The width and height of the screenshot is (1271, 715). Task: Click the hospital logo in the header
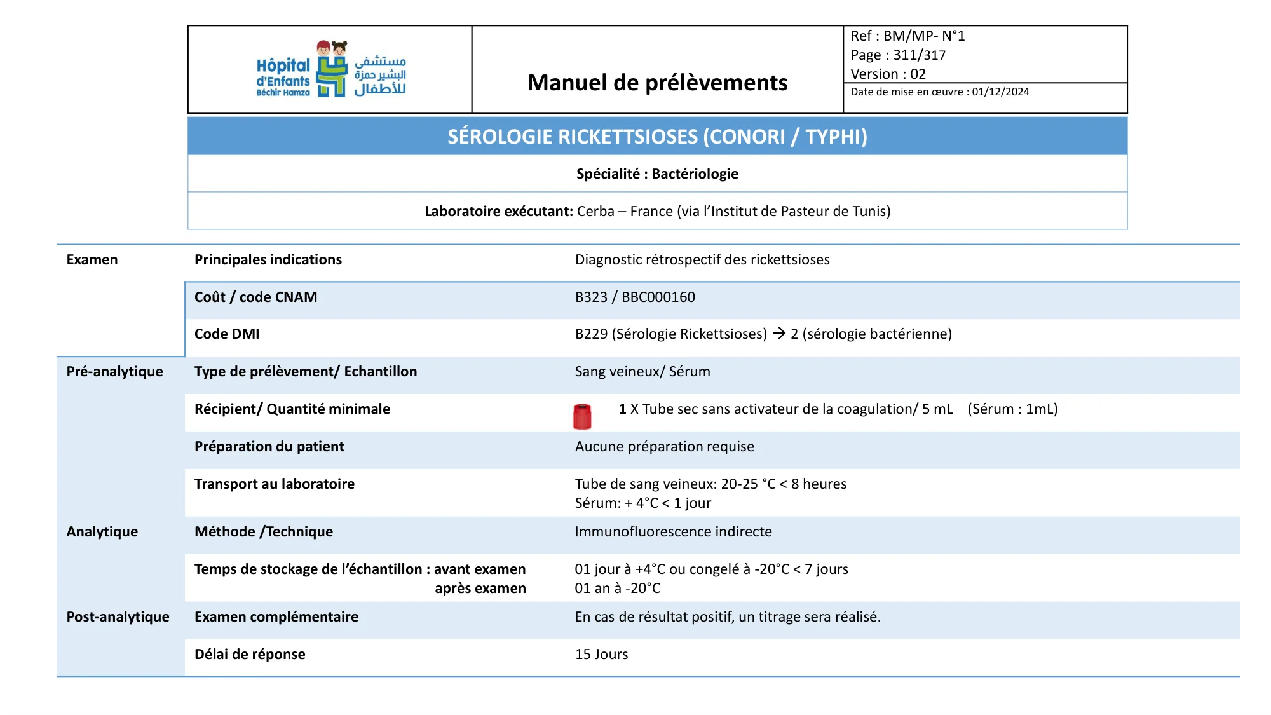pyautogui.click(x=331, y=69)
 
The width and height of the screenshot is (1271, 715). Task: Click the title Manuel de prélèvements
pyautogui.click(x=657, y=83)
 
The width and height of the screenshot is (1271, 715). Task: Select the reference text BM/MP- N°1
pyautogui.click(x=924, y=36)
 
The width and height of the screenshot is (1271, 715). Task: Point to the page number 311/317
pyautogui.click(x=919, y=55)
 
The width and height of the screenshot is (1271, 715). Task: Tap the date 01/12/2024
pyautogui.click(x=1000, y=92)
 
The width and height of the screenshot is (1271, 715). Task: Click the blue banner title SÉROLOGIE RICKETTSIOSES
pyautogui.click(x=657, y=137)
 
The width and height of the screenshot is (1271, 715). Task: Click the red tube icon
pyautogui.click(x=582, y=416)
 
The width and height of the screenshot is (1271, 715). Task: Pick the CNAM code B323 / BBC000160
pyautogui.click(x=635, y=297)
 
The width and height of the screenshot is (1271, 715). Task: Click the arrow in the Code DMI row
pyautogui.click(x=778, y=333)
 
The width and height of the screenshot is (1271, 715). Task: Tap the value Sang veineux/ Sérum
pyautogui.click(x=642, y=371)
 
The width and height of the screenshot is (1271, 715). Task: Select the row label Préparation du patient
pyautogui.click(x=269, y=446)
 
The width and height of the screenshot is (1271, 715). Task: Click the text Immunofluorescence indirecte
pyautogui.click(x=673, y=531)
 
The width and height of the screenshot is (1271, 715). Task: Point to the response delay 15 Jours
pyautogui.click(x=601, y=654)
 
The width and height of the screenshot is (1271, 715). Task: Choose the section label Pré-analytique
pyautogui.click(x=114, y=371)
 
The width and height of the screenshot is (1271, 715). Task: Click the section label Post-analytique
pyautogui.click(x=118, y=616)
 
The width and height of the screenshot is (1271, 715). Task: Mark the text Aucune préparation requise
pyautogui.click(x=664, y=446)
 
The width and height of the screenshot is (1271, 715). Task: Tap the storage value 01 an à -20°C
pyautogui.click(x=617, y=588)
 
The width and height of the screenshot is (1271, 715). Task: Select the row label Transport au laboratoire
pyautogui.click(x=274, y=484)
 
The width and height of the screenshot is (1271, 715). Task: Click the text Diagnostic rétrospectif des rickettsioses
pyautogui.click(x=702, y=259)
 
